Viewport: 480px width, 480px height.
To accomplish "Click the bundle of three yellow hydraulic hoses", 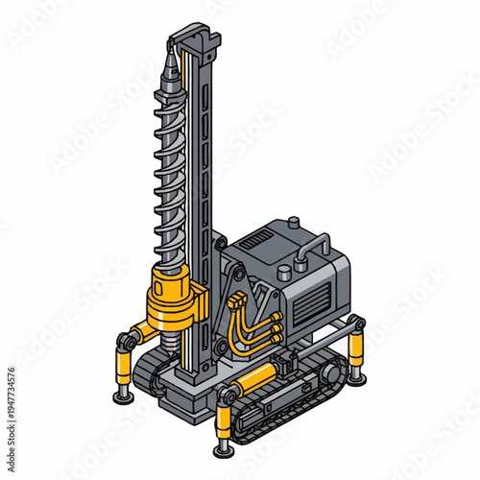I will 259,326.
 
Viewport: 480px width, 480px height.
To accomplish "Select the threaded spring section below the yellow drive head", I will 173,337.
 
